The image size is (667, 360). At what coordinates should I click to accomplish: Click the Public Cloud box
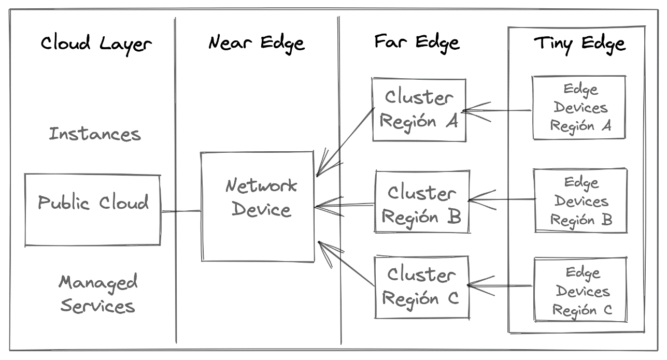click(x=93, y=209)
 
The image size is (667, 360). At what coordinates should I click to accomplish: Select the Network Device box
click(x=258, y=206)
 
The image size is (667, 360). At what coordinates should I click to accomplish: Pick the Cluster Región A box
click(x=419, y=109)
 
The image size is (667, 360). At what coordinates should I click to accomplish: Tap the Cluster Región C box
click(x=421, y=287)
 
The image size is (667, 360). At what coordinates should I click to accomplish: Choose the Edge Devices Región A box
click(x=579, y=108)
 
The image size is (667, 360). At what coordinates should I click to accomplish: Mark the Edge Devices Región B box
click(x=581, y=200)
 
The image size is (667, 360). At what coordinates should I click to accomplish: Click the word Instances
click(x=95, y=134)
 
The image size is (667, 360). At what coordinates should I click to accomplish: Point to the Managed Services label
click(x=97, y=294)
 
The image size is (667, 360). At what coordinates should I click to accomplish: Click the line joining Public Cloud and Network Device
click(x=180, y=211)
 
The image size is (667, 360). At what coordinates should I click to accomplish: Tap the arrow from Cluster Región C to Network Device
click(x=347, y=264)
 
